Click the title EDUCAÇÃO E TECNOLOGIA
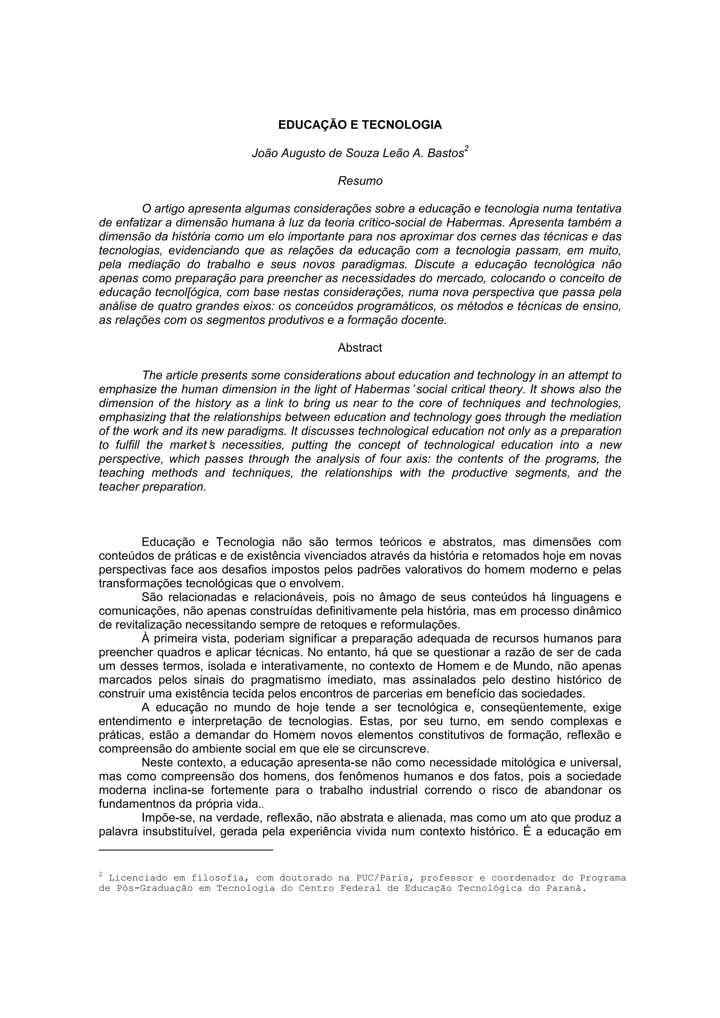pyautogui.click(x=360, y=125)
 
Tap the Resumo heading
pyautogui.click(x=360, y=181)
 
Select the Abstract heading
pyautogui.click(x=360, y=348)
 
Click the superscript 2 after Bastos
pyautogui.click(x=466, y=149)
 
